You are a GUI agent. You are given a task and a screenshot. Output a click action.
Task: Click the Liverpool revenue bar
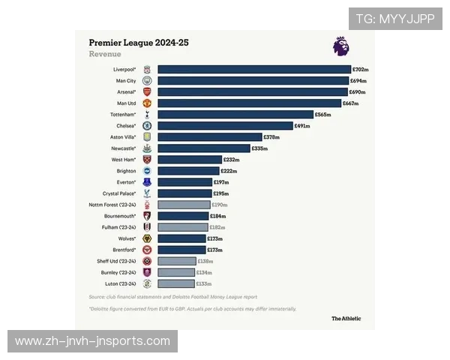point(254,69)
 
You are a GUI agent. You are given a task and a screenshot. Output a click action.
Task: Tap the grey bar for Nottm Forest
point(184,205)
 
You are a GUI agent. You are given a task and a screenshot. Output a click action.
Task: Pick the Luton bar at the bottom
point(176,283)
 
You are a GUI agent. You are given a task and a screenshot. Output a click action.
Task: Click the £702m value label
point(360,69)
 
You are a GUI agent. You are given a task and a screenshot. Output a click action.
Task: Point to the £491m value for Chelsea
point(302,126)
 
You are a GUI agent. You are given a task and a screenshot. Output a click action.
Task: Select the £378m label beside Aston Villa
point(271,137)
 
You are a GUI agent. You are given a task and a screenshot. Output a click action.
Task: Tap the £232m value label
point(232,160)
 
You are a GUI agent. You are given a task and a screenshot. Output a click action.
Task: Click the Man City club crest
point(147,80)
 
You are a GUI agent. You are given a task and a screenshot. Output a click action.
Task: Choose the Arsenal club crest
point(147,91)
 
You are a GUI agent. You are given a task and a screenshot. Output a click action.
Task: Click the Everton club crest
point(147,182)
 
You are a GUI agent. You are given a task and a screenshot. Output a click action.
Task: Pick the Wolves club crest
point(147,238)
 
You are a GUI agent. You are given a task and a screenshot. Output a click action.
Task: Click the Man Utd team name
point(126,103)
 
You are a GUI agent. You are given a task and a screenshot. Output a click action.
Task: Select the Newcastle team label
point(123,148)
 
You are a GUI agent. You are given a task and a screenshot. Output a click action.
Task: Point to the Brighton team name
point(126,171)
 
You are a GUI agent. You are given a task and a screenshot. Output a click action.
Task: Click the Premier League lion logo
point(340,46)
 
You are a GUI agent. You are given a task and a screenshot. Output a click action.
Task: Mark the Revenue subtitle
point(104,55)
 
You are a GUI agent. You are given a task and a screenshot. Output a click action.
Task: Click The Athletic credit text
point(346,318)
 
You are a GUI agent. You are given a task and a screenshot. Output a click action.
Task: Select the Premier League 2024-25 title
point(139,43)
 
